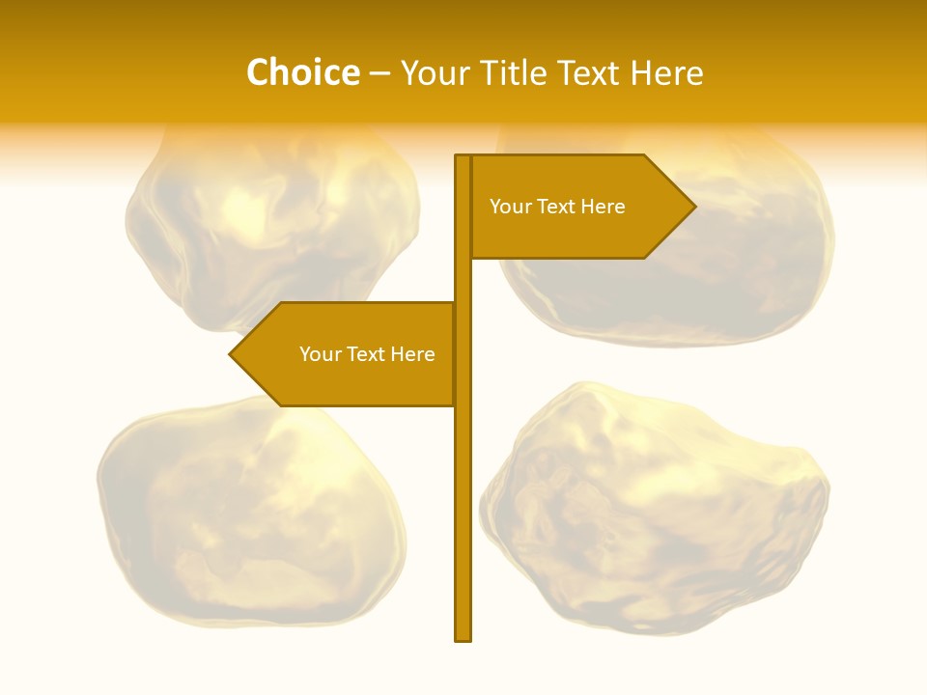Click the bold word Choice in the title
coord(302,73)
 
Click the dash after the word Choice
coord(380,74)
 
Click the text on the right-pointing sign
coord(557,207)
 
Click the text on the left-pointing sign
coord(367,354)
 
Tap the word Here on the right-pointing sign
coord(604,207)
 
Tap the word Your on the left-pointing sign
coord(319,354)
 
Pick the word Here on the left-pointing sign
coord(413,354)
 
